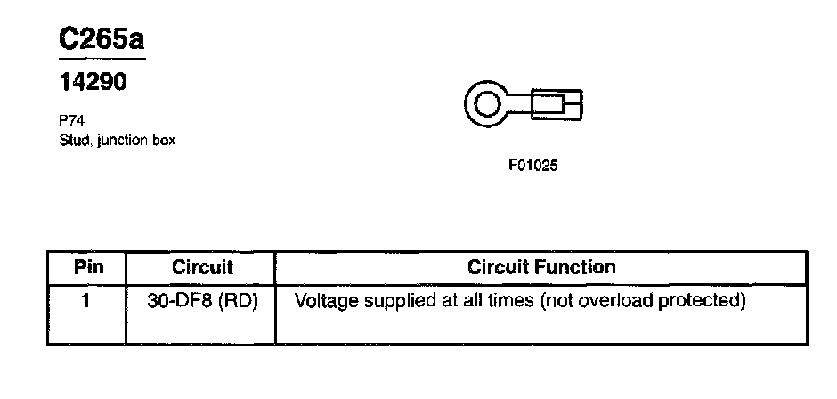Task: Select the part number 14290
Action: (93, 83)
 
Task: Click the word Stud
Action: (73, 140)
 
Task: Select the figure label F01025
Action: (532, 165)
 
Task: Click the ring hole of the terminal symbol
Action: (487, 105)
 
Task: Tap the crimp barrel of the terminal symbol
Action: (557, 105)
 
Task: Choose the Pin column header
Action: (87, 267)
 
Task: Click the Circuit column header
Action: (202, 267)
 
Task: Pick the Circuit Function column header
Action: (541, 267)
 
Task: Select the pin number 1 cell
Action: (86, 301)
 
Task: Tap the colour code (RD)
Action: (239, 301)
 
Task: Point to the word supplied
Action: (397, 301)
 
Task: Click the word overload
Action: (621, 301)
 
